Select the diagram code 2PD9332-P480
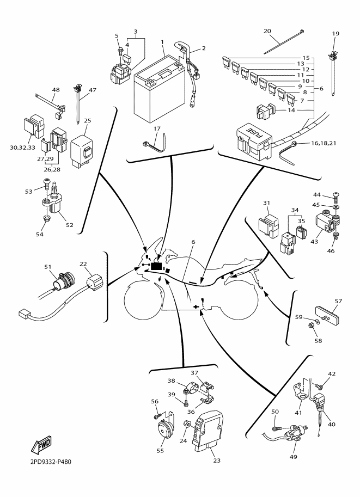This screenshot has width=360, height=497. pos(47,462)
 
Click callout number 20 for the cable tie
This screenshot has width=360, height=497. pos(267,32)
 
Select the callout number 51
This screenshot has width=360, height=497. pos(47,267)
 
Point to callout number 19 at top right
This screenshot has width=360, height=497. pos(335,34)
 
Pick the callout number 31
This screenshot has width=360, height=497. pos(267,203)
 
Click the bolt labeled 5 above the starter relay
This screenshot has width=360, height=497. pos(119,52)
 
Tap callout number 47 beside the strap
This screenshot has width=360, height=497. pos(92,90)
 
